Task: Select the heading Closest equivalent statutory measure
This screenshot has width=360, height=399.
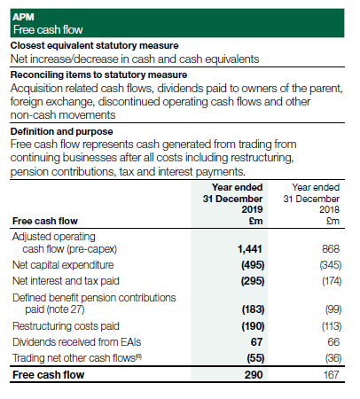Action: coord(94,44)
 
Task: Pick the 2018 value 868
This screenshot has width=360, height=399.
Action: coord(332,251)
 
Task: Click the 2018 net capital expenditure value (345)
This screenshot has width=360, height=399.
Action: coord(329,264)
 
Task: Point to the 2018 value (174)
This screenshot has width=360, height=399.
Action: coord(329,280)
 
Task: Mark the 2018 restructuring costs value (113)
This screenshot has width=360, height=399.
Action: coord(329,325)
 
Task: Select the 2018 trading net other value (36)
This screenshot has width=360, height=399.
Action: coord(332,357)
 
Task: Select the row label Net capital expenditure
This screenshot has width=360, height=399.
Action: coord(61,264)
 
